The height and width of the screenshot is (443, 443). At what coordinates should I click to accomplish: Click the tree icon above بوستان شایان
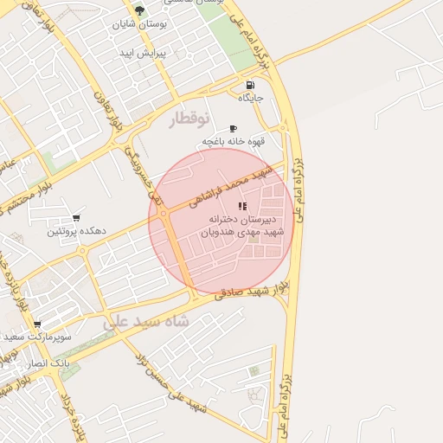[x=139, y=10]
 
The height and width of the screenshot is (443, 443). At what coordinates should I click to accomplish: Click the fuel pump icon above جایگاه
[x=250, y=86]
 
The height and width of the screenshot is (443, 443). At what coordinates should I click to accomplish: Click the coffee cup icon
[x=233, y=128]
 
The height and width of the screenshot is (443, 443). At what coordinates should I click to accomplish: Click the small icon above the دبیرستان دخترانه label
[x=242, y=206]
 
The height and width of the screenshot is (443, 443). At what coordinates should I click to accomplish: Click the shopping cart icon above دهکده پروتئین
[x=76, y=217]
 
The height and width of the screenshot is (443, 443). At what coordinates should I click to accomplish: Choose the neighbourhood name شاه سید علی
[x=146, y=321]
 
